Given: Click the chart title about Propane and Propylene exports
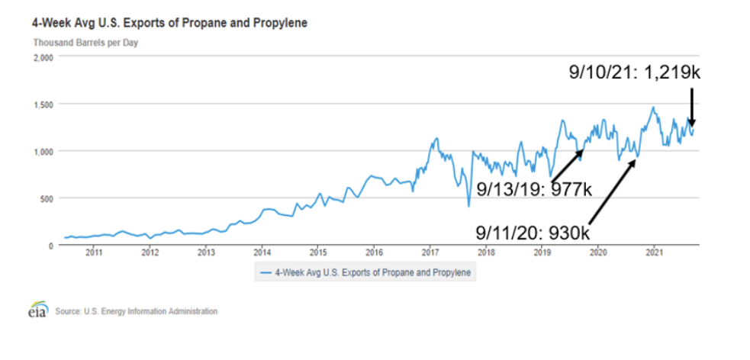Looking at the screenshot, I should [x=169, y=23].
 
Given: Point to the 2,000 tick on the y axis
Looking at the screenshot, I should [x=43, y=57].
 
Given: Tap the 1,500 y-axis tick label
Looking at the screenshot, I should [x=43, y=104].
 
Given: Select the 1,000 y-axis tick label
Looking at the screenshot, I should [x=43, y=151].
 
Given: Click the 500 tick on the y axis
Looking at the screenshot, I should [x=47, y=198].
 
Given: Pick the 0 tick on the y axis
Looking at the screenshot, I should [x=52, y=246].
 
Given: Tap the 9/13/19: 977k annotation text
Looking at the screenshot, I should [x=534, y=188].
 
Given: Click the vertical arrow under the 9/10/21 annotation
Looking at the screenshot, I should [x=691, y=107].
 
